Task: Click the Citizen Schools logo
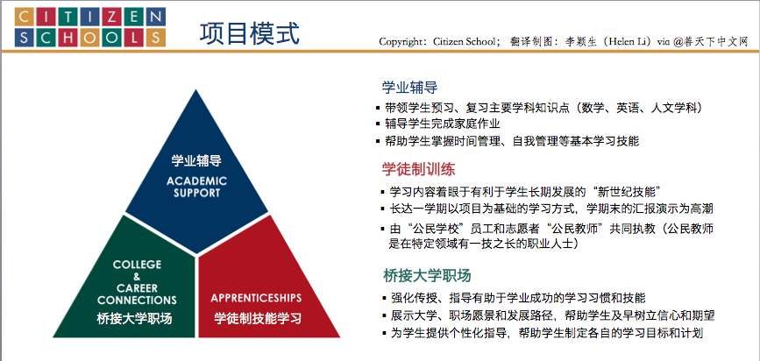pos(90,27)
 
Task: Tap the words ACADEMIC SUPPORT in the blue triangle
pos(196,187)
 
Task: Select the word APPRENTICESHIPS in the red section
pos(256,298)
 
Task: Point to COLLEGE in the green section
pos(137,265)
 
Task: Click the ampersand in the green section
pos(137,277)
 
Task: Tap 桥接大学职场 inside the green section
pos(134,319)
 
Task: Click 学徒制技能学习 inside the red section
pos(258,318)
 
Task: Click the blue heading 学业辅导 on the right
pos(409,88)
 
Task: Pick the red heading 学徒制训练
pos(418,169)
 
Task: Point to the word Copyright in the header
pos(401,42)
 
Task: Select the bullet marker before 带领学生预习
pos(378,108)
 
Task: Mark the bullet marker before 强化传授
pos(384,297)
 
